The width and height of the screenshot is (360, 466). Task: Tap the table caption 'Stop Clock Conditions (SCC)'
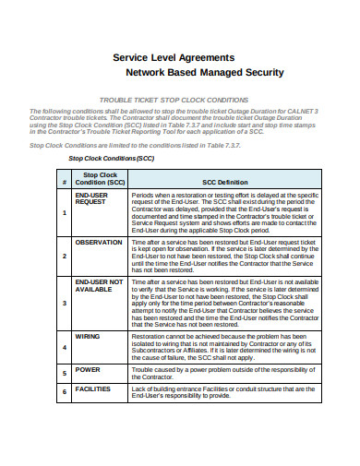click(x=113, y=158)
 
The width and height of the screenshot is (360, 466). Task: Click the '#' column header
click(x=64, y=182)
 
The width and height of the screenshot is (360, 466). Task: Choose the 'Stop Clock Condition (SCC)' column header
click(x=100, y=177)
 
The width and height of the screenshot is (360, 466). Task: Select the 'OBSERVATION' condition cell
click(x=99, y=242)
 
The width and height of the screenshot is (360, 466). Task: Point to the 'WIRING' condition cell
click(x=88, y=337)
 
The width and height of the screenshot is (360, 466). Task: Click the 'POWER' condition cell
click(x=88, y=369)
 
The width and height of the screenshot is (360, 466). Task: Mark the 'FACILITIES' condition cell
click(x=93, y=388)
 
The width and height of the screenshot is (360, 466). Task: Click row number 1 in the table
click(x=64, y=213)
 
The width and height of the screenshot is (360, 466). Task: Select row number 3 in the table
click(x=64, y=302)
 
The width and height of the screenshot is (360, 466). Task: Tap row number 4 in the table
click(x=64, y=348)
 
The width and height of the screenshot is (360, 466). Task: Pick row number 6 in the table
click(x=64, y=392)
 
